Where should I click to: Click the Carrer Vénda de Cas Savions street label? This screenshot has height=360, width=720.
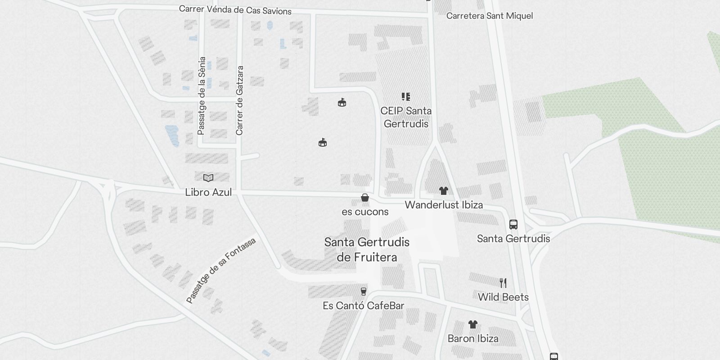235,10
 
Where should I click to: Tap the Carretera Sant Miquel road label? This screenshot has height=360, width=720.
489,16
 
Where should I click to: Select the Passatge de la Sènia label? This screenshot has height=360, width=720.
202,95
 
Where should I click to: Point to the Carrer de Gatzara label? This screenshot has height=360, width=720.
239,100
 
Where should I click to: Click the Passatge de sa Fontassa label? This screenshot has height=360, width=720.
221,270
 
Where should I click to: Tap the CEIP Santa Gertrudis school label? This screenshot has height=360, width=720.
406,117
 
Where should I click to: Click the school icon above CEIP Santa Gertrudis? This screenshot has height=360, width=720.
406,97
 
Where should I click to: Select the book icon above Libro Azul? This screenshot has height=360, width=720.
208,178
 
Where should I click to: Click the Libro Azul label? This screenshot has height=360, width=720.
208,192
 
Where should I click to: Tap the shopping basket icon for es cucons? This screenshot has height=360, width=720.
365,198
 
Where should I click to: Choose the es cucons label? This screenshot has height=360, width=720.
365,211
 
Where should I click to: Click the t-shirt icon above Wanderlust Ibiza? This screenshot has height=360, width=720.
444,191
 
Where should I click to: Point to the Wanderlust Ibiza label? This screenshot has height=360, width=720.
444,205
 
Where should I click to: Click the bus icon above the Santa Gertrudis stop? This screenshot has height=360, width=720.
513,224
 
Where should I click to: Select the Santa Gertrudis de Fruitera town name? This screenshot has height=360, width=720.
367,249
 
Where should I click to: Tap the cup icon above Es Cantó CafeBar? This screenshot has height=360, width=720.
364,292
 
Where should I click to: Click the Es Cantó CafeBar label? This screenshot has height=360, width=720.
364,306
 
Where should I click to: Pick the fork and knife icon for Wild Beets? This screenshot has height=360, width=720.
503,283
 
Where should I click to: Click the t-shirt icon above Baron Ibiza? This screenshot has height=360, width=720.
472,324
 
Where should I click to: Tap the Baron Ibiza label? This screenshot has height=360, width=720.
473,338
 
